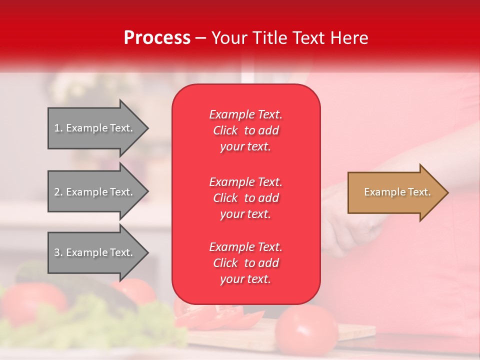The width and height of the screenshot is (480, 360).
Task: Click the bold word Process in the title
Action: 157,37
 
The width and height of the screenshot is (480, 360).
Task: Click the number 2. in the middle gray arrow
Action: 58,192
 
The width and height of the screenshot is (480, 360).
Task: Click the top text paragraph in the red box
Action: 245,130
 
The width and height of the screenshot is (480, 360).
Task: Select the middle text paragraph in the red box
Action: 245,198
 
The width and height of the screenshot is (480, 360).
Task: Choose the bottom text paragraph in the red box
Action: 245,263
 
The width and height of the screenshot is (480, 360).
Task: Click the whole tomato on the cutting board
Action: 305,330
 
